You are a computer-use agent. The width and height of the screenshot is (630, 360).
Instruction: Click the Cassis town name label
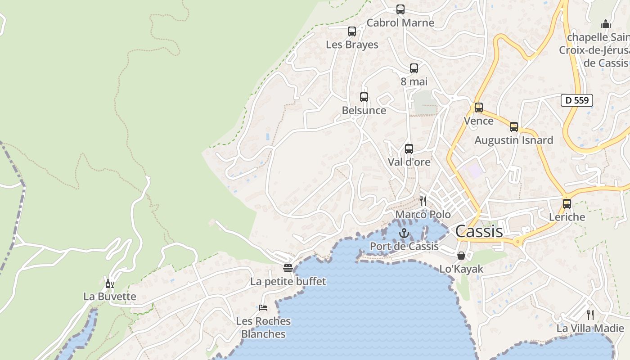click(x=479, y=231)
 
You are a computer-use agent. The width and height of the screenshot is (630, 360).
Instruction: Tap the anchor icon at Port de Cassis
click(x=404, y=233)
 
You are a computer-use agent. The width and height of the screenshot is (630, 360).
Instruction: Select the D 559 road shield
click(x=576, y=100)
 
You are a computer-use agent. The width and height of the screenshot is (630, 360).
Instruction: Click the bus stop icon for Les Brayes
click(x=352, y=31)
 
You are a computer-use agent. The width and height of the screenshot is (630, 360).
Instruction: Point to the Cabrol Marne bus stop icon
click(x=400, y=9)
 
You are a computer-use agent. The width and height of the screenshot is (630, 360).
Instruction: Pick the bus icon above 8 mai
click(x=414, y=68)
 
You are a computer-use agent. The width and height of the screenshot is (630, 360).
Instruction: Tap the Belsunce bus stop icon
click(x=364, y=97)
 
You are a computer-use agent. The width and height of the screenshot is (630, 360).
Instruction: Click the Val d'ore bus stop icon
click(x=409, y=149)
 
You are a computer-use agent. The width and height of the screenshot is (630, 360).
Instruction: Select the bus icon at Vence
click(x=479, y=108)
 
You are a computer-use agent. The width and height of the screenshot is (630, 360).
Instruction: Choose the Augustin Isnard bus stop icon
click(x=514, y=127)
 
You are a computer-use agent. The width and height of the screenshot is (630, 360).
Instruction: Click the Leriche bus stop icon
click(x=567, y=203)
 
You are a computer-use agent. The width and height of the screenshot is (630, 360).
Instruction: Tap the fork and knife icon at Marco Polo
click(x=423, y=201)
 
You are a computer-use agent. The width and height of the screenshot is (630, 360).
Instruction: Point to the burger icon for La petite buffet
click(x=288, y=268)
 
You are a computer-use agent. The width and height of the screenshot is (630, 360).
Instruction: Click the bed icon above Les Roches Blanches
click(x=264, y=308)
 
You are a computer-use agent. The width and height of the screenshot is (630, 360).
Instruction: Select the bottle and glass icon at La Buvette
click(x=109, y=283)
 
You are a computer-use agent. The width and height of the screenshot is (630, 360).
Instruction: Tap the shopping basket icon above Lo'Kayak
click(x=461, y=256)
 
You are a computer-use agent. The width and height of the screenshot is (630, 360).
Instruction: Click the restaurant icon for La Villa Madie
click(x=590, y=315)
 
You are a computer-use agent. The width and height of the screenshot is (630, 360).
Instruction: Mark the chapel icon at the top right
click(x=606, y=23)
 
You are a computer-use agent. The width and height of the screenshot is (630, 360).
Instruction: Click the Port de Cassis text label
click(x=404, y=246)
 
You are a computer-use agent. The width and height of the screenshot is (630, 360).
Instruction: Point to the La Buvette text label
click(x=110, y=297)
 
